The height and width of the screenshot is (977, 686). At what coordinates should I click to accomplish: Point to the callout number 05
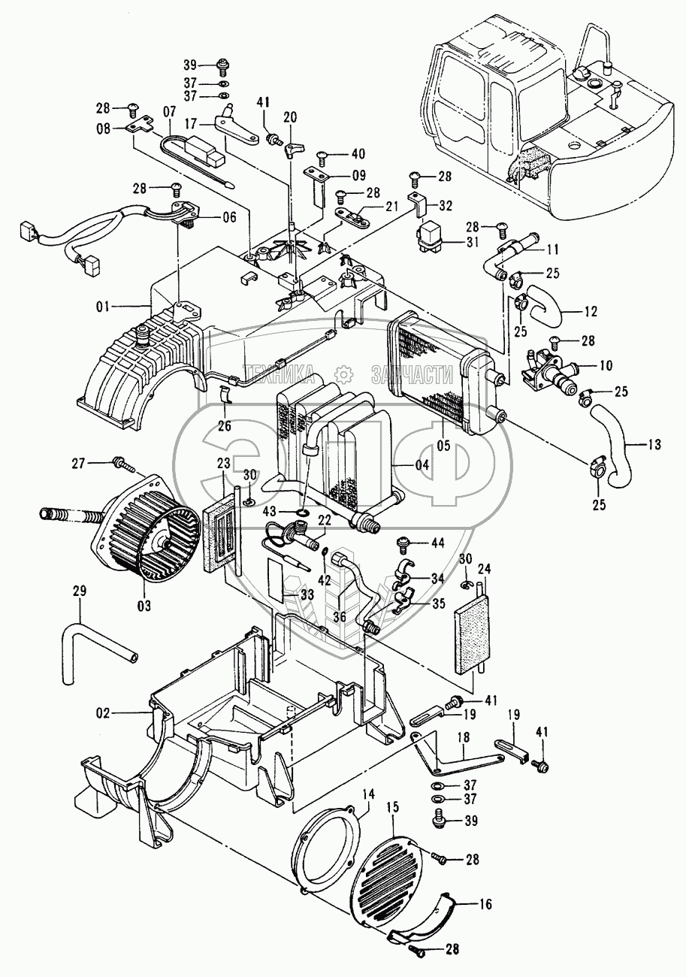444,445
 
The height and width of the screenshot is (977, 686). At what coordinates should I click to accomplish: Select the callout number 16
486,905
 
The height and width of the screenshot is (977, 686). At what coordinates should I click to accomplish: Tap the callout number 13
654,445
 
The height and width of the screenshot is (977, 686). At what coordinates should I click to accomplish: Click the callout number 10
605,365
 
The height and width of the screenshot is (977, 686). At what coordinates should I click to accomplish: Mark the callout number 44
438,542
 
